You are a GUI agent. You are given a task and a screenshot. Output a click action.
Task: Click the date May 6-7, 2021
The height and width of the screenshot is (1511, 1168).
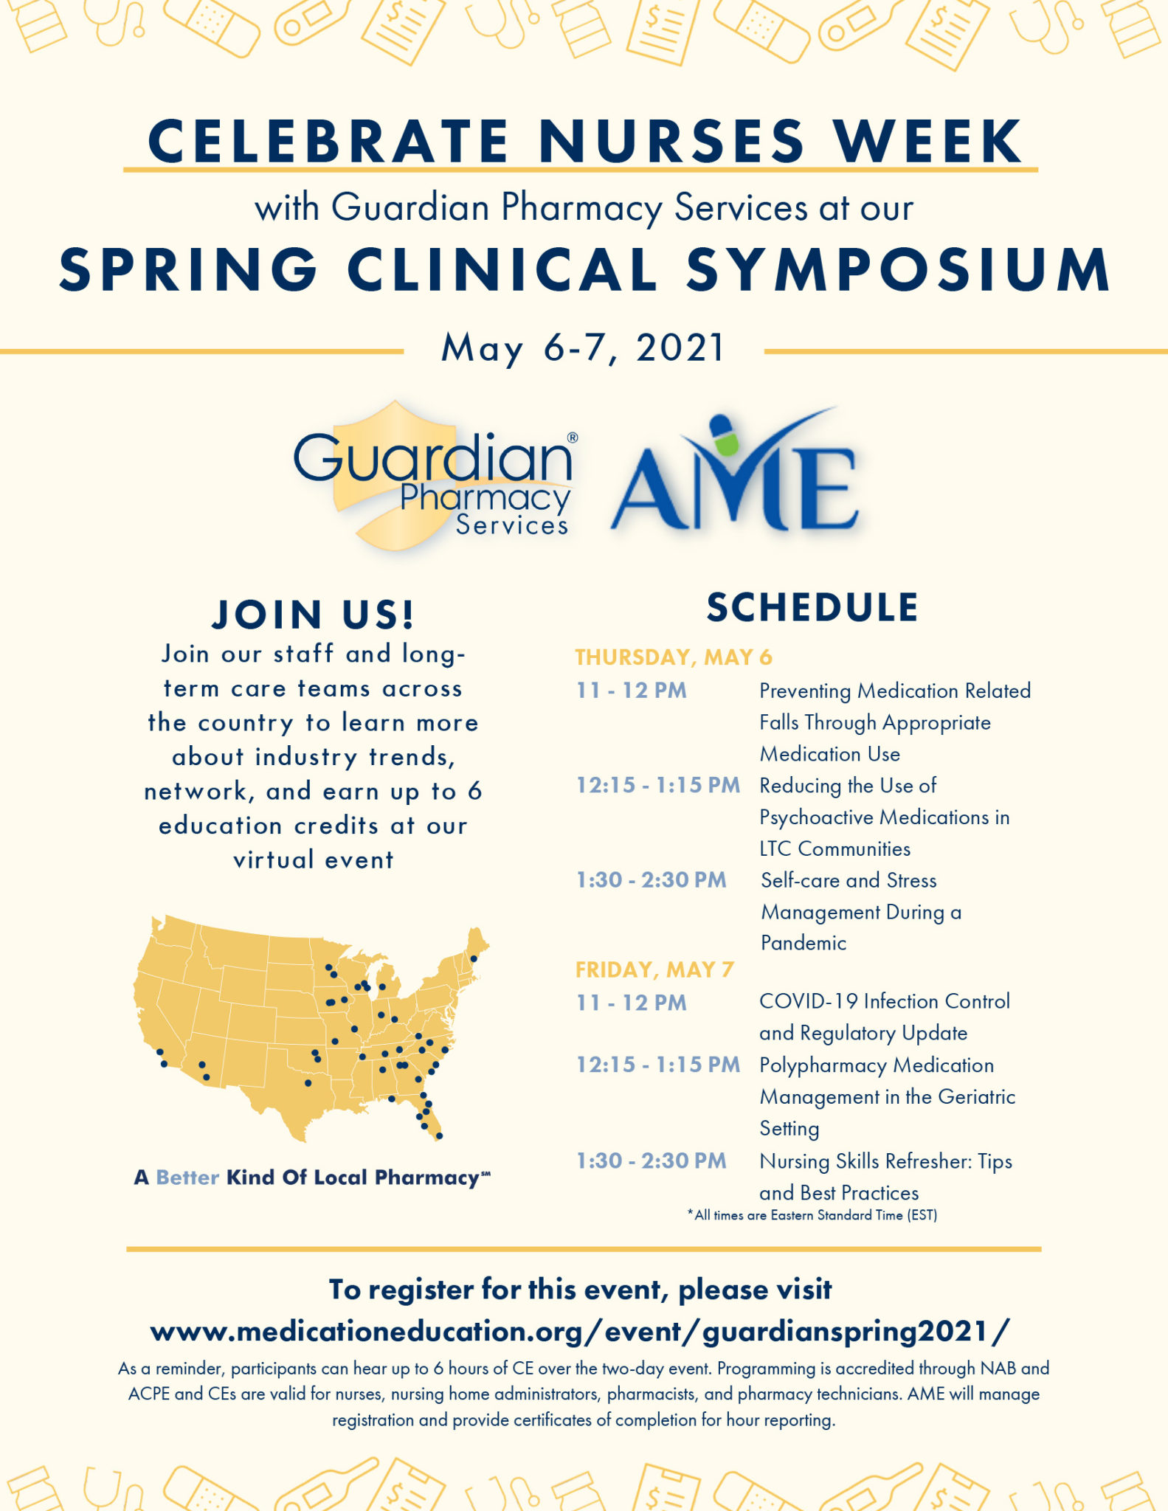583,348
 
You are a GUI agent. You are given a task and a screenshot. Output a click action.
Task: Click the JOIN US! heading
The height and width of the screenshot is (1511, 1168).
313,614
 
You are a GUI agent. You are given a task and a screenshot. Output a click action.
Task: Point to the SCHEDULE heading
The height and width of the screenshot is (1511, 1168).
812,607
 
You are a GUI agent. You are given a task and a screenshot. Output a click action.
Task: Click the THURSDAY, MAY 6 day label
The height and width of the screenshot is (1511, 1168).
673,657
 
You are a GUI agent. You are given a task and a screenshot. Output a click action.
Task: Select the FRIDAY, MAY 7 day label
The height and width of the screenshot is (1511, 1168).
654,969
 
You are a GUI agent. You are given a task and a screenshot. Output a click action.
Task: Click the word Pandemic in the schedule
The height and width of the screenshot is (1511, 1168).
804,943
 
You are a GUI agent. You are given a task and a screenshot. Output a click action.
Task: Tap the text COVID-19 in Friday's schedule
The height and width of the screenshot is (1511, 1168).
809,1001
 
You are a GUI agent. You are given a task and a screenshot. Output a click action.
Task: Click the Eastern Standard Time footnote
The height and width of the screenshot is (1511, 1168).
812,1215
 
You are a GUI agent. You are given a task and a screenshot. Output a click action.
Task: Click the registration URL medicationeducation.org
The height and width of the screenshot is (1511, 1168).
580,1331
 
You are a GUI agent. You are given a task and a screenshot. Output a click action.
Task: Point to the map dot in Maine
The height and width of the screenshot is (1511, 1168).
474,958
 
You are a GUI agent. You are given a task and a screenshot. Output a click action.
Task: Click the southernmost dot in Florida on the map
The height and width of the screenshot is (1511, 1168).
439,1136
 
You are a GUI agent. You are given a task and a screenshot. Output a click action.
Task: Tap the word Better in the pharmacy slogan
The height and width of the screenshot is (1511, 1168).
187,1177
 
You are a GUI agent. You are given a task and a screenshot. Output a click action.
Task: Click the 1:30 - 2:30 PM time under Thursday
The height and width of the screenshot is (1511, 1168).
651,879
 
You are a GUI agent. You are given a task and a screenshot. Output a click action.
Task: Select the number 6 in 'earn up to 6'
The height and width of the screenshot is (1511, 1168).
474,791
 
